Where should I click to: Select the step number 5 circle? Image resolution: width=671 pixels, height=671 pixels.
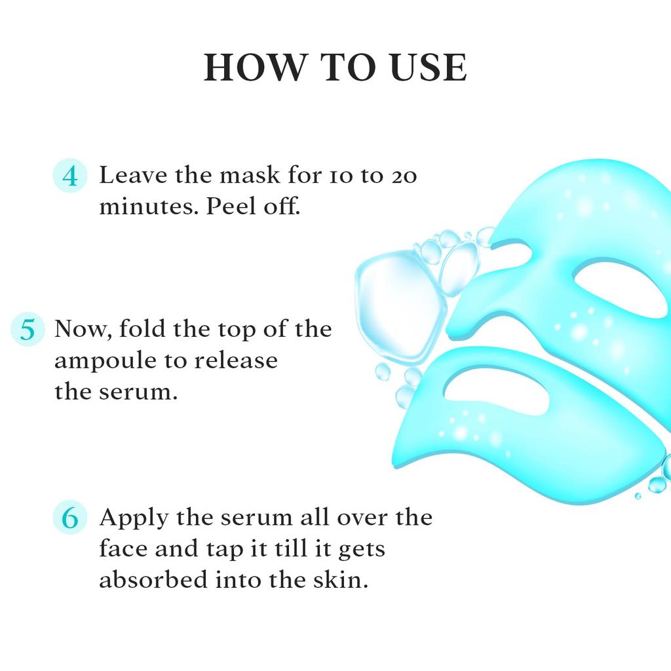point(28,328)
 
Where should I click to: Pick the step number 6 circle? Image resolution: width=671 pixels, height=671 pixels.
point(69,518)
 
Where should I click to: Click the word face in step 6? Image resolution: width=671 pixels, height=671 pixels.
point(123,549)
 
